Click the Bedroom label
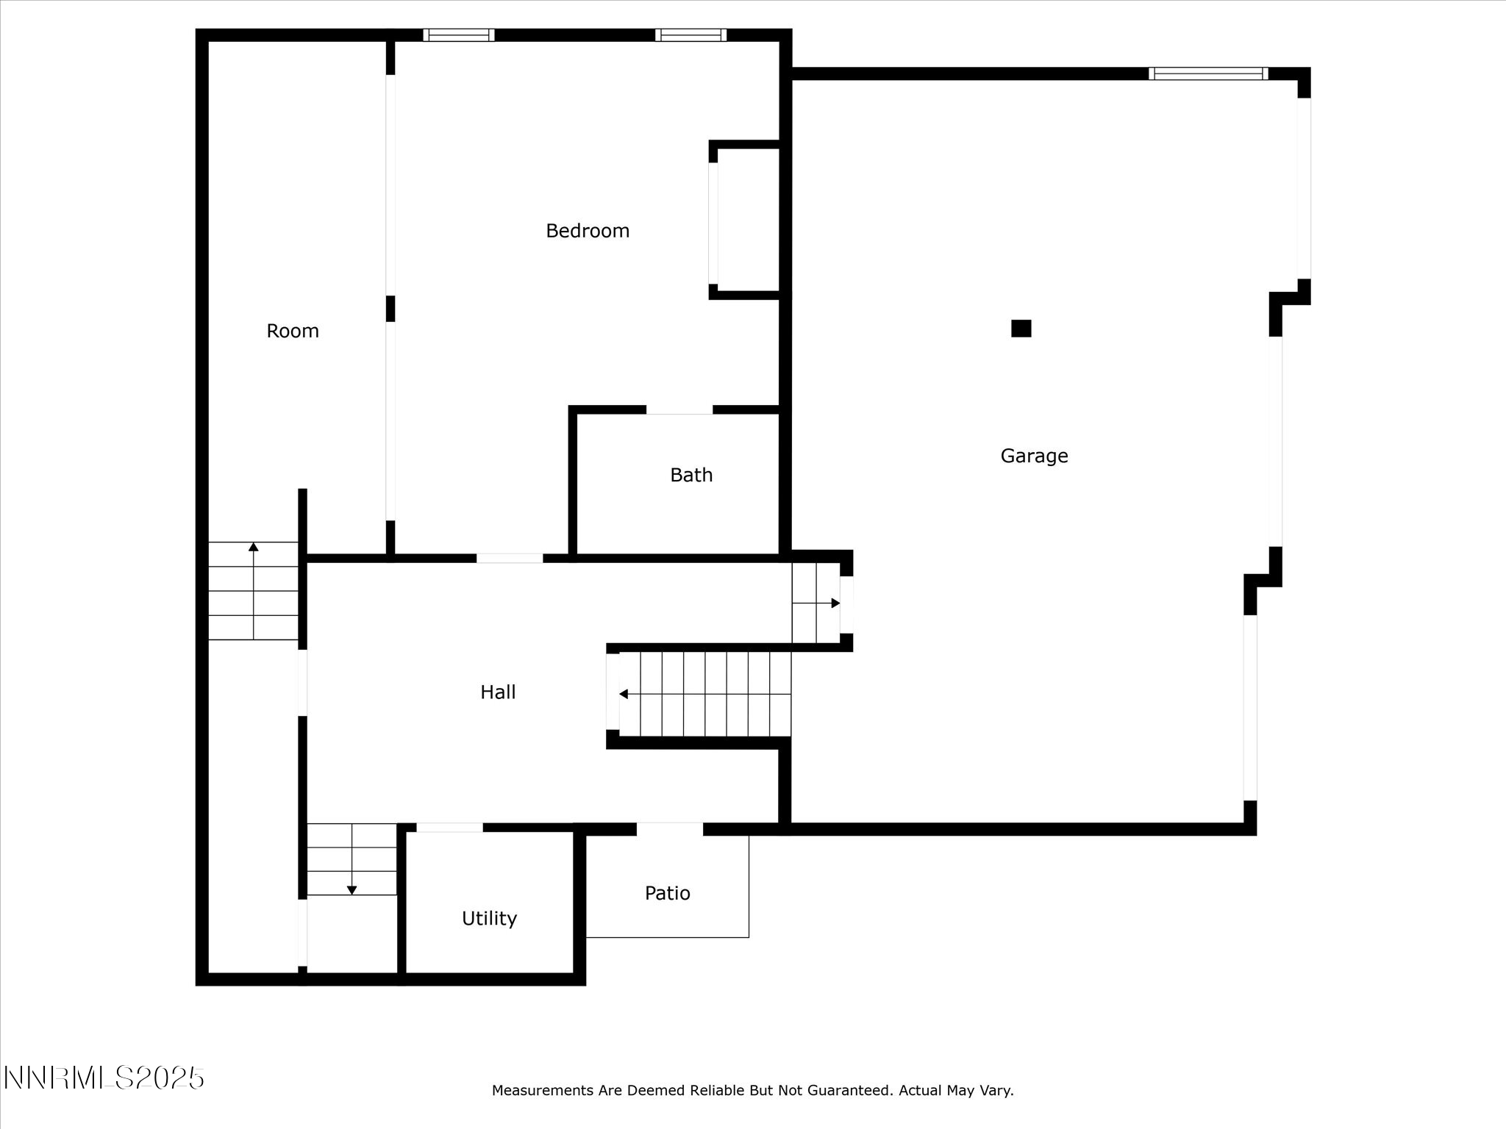click(x=588, y=231)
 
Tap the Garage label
click(x=1034, y=456)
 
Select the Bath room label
click(x=691, y=475)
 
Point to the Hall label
click(x=498, y=692)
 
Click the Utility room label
click(x=489, y=918)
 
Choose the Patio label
click(x=668, y=893)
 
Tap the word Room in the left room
click(x=293, y=331)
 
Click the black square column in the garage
click(x=1021, y=328)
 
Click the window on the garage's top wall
click(x=1208, y=74)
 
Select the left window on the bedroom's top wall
click(x=459, y=35)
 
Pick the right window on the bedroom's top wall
click(x=690, y=35)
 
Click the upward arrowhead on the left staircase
click(x=254, y=546)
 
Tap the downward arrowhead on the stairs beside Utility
click(x=351, y=890)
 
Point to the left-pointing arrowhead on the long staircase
click(x=624, y=694)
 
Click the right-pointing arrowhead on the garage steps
click(x=835, y=603)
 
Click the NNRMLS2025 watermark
click(x=104, y=1078)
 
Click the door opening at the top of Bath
click(x=679, y=410)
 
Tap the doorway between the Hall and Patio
click(x=669, y=829)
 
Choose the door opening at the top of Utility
click(x=449, y=828)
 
